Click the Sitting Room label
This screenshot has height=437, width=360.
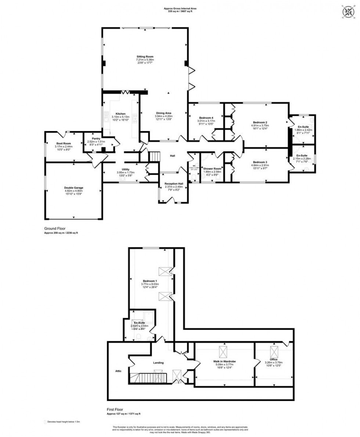pos(145,57)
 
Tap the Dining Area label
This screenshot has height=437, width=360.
pos(163,113)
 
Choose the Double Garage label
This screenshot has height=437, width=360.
pos(74,188)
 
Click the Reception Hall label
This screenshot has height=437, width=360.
pos(174,184)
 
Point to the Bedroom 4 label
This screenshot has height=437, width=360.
pos(206,118)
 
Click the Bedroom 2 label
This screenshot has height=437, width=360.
pos(260,122)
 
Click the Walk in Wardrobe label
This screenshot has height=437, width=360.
pos(224,361)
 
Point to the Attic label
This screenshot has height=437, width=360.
pos(118,371)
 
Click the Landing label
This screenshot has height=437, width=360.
pos(158,363)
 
